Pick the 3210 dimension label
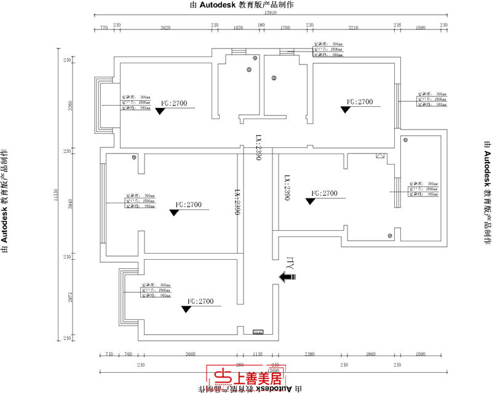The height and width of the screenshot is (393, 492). click(x=352, y=28)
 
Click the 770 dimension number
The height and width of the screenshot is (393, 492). click(x=104, y=28)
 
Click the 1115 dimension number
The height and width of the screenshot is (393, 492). click(x=257, y=354)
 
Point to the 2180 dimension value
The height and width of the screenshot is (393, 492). click(x=309, y=354)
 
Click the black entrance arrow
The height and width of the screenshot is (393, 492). click(x=287, y=277)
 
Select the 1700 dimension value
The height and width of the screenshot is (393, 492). click(x=285, y=28)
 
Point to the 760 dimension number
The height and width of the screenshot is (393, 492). click(x=129, y=354)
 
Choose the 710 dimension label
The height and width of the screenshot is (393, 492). click(x=109, y=354)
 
